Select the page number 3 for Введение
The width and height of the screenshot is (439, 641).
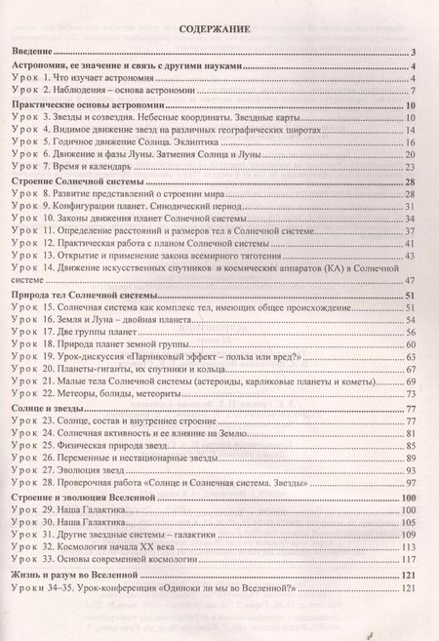(415, 53)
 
